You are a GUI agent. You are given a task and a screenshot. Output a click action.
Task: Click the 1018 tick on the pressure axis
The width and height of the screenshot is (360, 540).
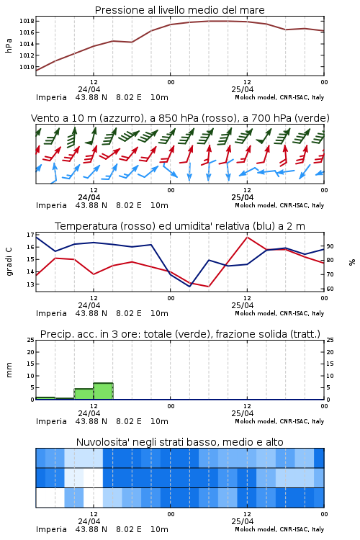tap(27, 21)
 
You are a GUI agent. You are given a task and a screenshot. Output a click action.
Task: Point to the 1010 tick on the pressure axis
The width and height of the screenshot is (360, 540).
tap(27, 67)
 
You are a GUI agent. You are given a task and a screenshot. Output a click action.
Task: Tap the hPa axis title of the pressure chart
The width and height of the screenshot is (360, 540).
tap(9, 45)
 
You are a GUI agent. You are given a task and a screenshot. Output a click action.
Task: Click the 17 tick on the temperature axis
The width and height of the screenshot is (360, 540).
tap(30, 235)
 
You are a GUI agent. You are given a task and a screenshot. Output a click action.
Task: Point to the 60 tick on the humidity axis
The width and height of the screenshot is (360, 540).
tap(330, 289)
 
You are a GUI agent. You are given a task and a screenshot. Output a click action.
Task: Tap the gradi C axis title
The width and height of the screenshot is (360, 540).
tap(9, 262)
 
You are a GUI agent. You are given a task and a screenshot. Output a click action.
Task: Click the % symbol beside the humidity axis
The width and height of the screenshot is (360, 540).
tap(352, 262)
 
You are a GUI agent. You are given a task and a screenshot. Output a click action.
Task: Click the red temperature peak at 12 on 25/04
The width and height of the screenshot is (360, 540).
tap(247, 237)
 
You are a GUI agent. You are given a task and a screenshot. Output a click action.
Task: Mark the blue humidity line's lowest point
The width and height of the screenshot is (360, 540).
tap(189, 286)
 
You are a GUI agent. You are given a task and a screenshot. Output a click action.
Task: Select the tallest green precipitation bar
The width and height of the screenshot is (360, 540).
tap(104, 391)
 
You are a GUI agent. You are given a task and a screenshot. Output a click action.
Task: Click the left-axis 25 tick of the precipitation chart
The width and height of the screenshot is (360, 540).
tap(31, 340)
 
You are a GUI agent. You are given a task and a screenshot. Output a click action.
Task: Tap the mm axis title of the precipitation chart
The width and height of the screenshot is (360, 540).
tap(9, 370)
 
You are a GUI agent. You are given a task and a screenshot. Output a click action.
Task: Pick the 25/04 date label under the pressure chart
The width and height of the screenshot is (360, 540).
tap(243, 89)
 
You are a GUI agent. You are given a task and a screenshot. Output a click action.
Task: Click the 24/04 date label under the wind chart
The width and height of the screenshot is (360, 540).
tap(89, 198)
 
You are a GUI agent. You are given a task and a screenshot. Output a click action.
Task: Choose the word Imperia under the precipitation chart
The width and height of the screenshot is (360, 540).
tap(51, 421)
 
